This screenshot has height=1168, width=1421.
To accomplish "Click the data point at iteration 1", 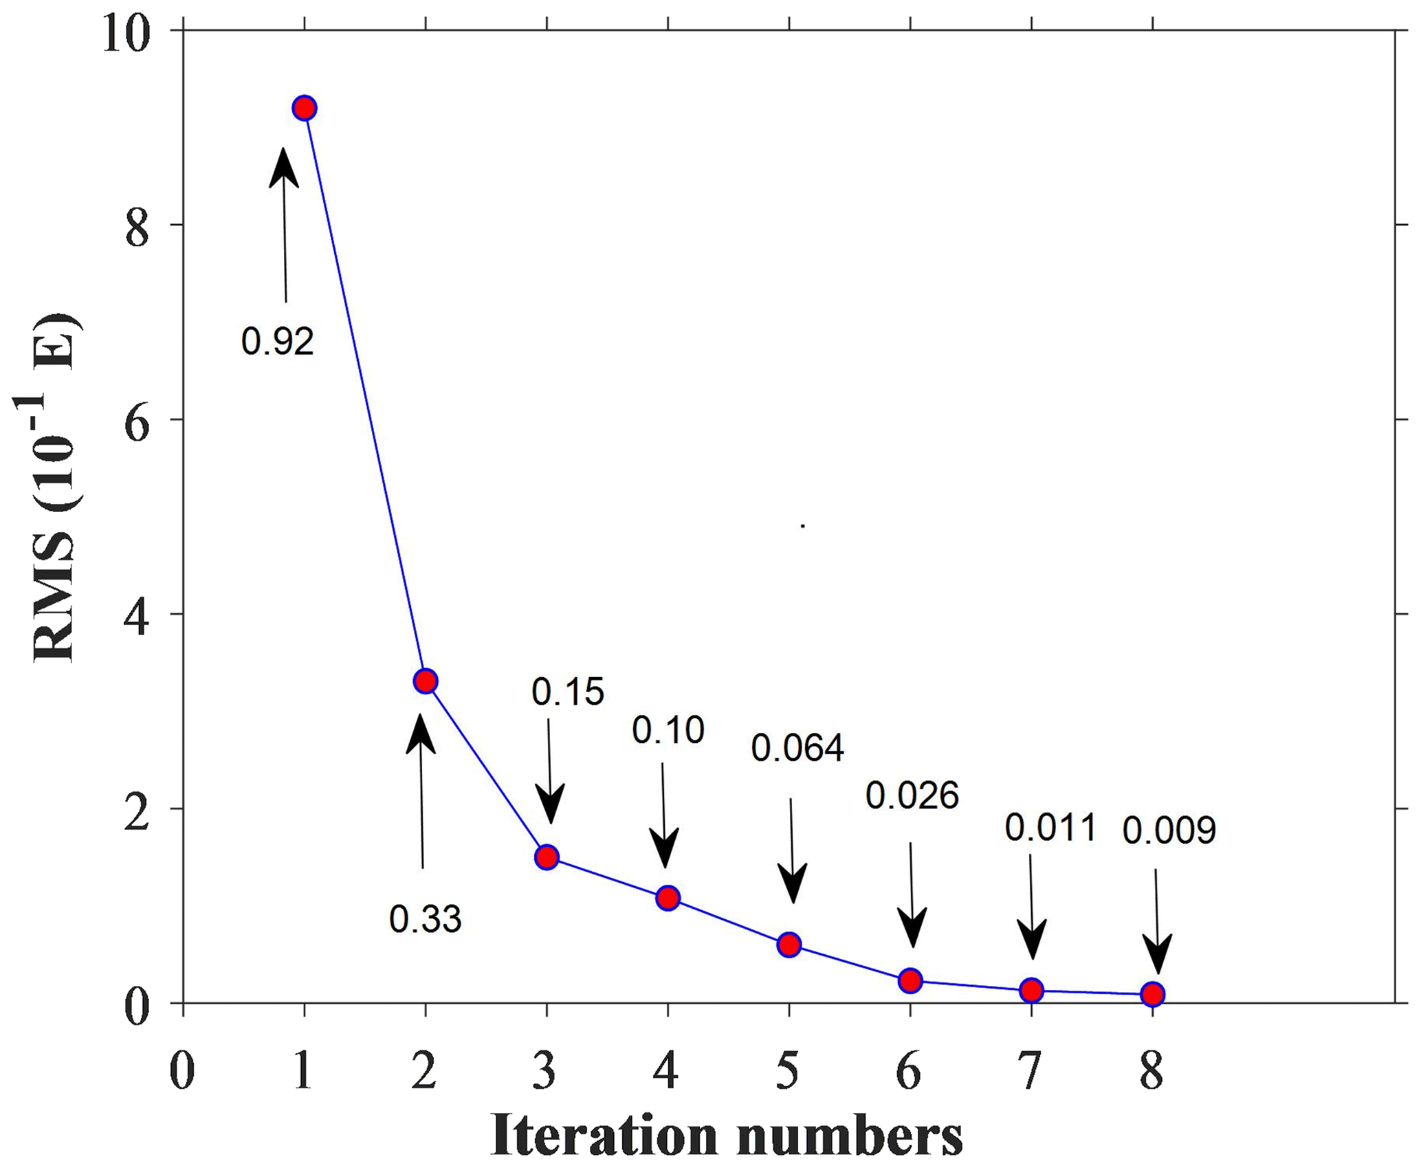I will click(304, 108).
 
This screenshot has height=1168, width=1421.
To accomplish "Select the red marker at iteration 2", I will click(426, 681).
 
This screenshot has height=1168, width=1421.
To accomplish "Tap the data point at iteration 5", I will click(789, 945).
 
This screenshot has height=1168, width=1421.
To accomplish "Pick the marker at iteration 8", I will click(1153, 994).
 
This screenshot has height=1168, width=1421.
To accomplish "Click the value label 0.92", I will click(277, 342).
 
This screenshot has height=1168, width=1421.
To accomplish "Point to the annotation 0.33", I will click(426, 919).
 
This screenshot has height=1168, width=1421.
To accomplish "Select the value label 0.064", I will click(797, 749).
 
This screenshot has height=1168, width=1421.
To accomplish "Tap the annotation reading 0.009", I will click(1169, 831).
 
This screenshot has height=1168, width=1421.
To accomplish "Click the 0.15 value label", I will click(568, 692).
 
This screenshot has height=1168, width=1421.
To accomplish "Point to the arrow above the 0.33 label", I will click(421, 791).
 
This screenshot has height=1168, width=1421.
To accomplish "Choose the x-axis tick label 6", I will click(910, 1071).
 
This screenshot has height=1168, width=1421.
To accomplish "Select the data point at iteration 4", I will click(668, 898).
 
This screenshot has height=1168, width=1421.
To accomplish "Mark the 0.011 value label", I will click(1050, 828).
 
